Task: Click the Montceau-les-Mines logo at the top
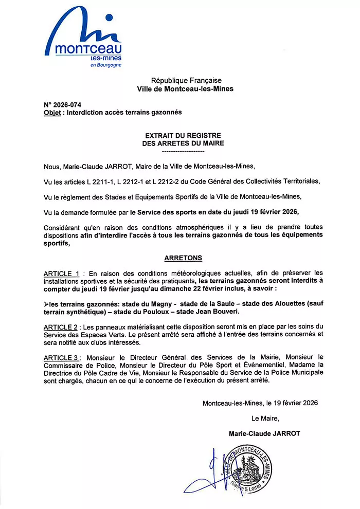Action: (85, 39)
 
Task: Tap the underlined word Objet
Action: (52, 112)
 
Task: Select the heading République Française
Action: (186, 81)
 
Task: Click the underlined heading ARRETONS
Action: (183, 258)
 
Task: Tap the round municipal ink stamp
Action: (248, 468)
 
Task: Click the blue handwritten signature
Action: (208, 470)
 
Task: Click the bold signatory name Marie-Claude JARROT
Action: (264, 433)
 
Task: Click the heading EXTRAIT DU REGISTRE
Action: (183, 136)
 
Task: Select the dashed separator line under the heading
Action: (183, 152)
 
